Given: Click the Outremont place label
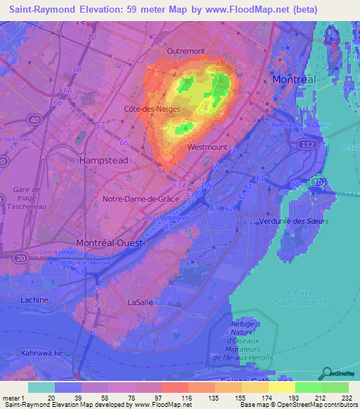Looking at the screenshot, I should [186, 51].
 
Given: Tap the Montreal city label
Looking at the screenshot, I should [295, 79].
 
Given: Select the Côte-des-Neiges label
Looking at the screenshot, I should [152, 110].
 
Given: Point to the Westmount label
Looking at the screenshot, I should [207, 147].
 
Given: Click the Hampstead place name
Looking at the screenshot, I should [104, 160].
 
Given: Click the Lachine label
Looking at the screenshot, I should [34, 300].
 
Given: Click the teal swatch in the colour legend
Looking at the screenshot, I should [41, 387].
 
